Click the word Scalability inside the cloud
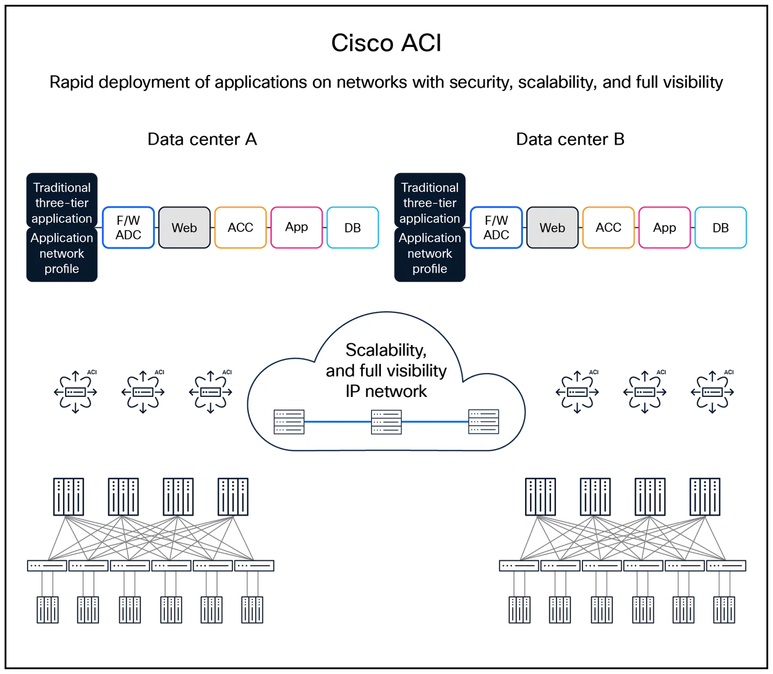point(385,350)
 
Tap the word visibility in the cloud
point(416,370)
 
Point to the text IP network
point(386,391)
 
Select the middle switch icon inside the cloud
point(386,422)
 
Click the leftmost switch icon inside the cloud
point(289,422)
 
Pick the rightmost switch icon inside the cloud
point(483,422)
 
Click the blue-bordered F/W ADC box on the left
point(128,227)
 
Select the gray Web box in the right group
point(552,227)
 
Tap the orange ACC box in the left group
point(240,227)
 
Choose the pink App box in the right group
point(664,227)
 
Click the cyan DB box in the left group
point(352,227)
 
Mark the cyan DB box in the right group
point(720,227)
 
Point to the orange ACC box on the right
point(608,227)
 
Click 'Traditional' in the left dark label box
point(62,188)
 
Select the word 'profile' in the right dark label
point(430,269)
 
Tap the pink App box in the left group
point(297,227)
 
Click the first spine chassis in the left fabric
point(68,496)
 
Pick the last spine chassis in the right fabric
point(705,496)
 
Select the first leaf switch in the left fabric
point(47,566)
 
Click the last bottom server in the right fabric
point(724,610)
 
